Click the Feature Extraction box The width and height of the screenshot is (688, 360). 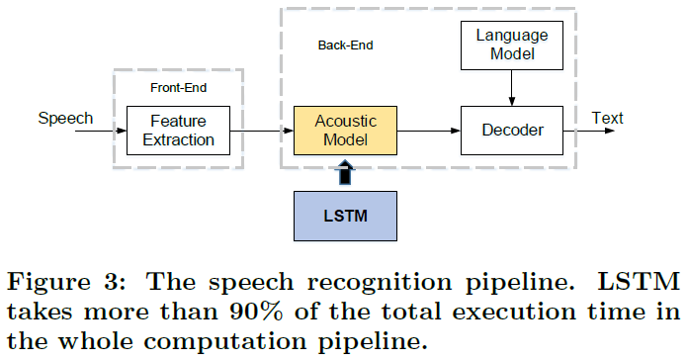pyautogui.click(x=178, y=131)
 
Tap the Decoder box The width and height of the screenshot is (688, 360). pyautogui.click(x=511, y=130)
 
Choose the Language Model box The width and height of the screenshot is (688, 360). pyautogui.click(x=511, y=45)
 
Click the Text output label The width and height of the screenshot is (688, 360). pyautogui.click(x=607, y=119)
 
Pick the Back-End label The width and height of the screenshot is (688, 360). pyautogui.click(x=345, y=45)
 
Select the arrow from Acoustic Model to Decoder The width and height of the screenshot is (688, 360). pyautogui.click(x=428, y=131)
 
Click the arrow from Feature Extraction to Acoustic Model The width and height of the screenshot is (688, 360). pyautogui.click(x=261, y=131)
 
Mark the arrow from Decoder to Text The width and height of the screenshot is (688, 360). pyautogui.click(x=593, y=131)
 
